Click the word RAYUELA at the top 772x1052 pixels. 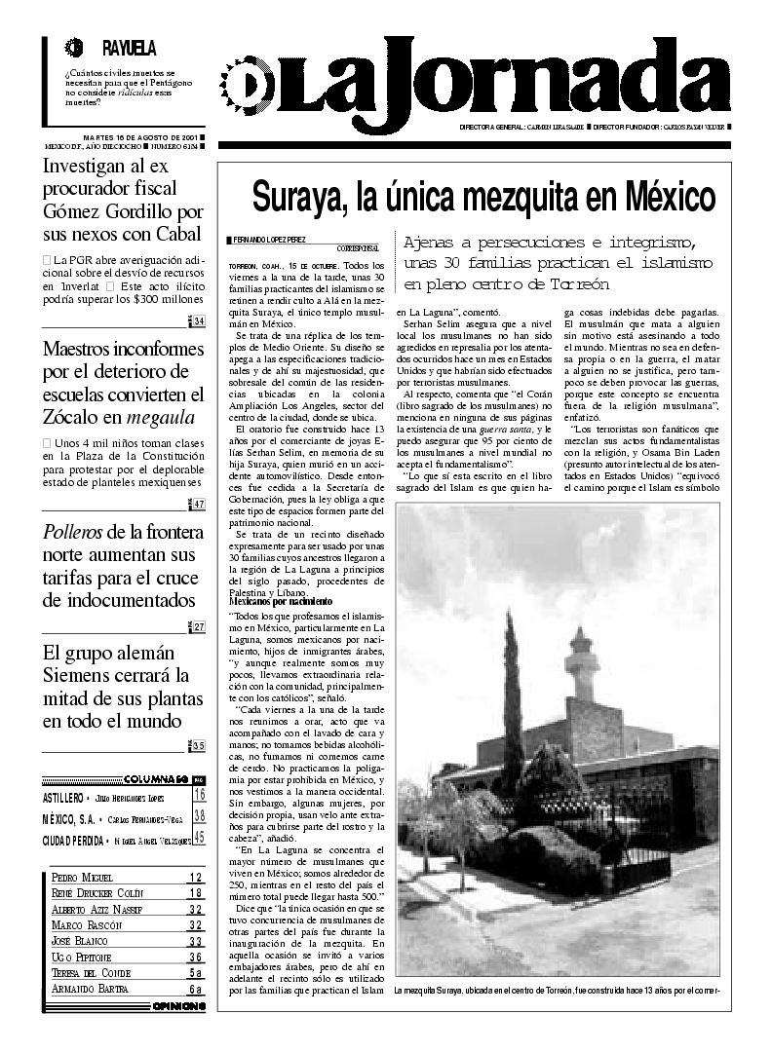[x=129, y=48]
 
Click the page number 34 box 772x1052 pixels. [x=199, y=322]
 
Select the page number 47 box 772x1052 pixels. [x=199, y=504]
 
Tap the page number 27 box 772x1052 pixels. [x=199, y=626]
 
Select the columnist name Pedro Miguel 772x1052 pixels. [x=82, y=877]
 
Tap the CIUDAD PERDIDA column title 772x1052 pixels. [x=73, y=837]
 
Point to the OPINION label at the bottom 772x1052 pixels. [x=178, y=1006]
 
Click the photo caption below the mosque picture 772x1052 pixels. [x=556, y=991]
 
